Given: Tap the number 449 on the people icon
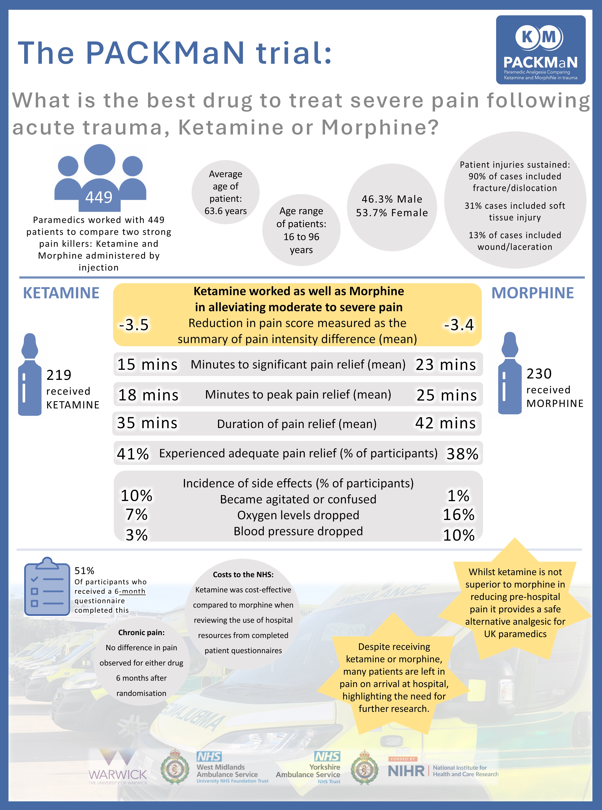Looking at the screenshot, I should click(99, 197).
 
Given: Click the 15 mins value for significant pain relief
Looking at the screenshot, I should click(147, 364).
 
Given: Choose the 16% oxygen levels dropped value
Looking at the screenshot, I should click(459, 515).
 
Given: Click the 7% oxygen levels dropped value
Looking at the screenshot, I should click(136, 515).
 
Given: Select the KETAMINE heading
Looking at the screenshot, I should click(61, 293).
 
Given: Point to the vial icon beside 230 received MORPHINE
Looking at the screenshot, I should click(510, 373).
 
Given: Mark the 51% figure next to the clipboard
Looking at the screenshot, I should click(84, 570).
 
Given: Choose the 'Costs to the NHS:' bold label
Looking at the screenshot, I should click(243, 575).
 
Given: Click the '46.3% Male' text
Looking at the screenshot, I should click(392, 199).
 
